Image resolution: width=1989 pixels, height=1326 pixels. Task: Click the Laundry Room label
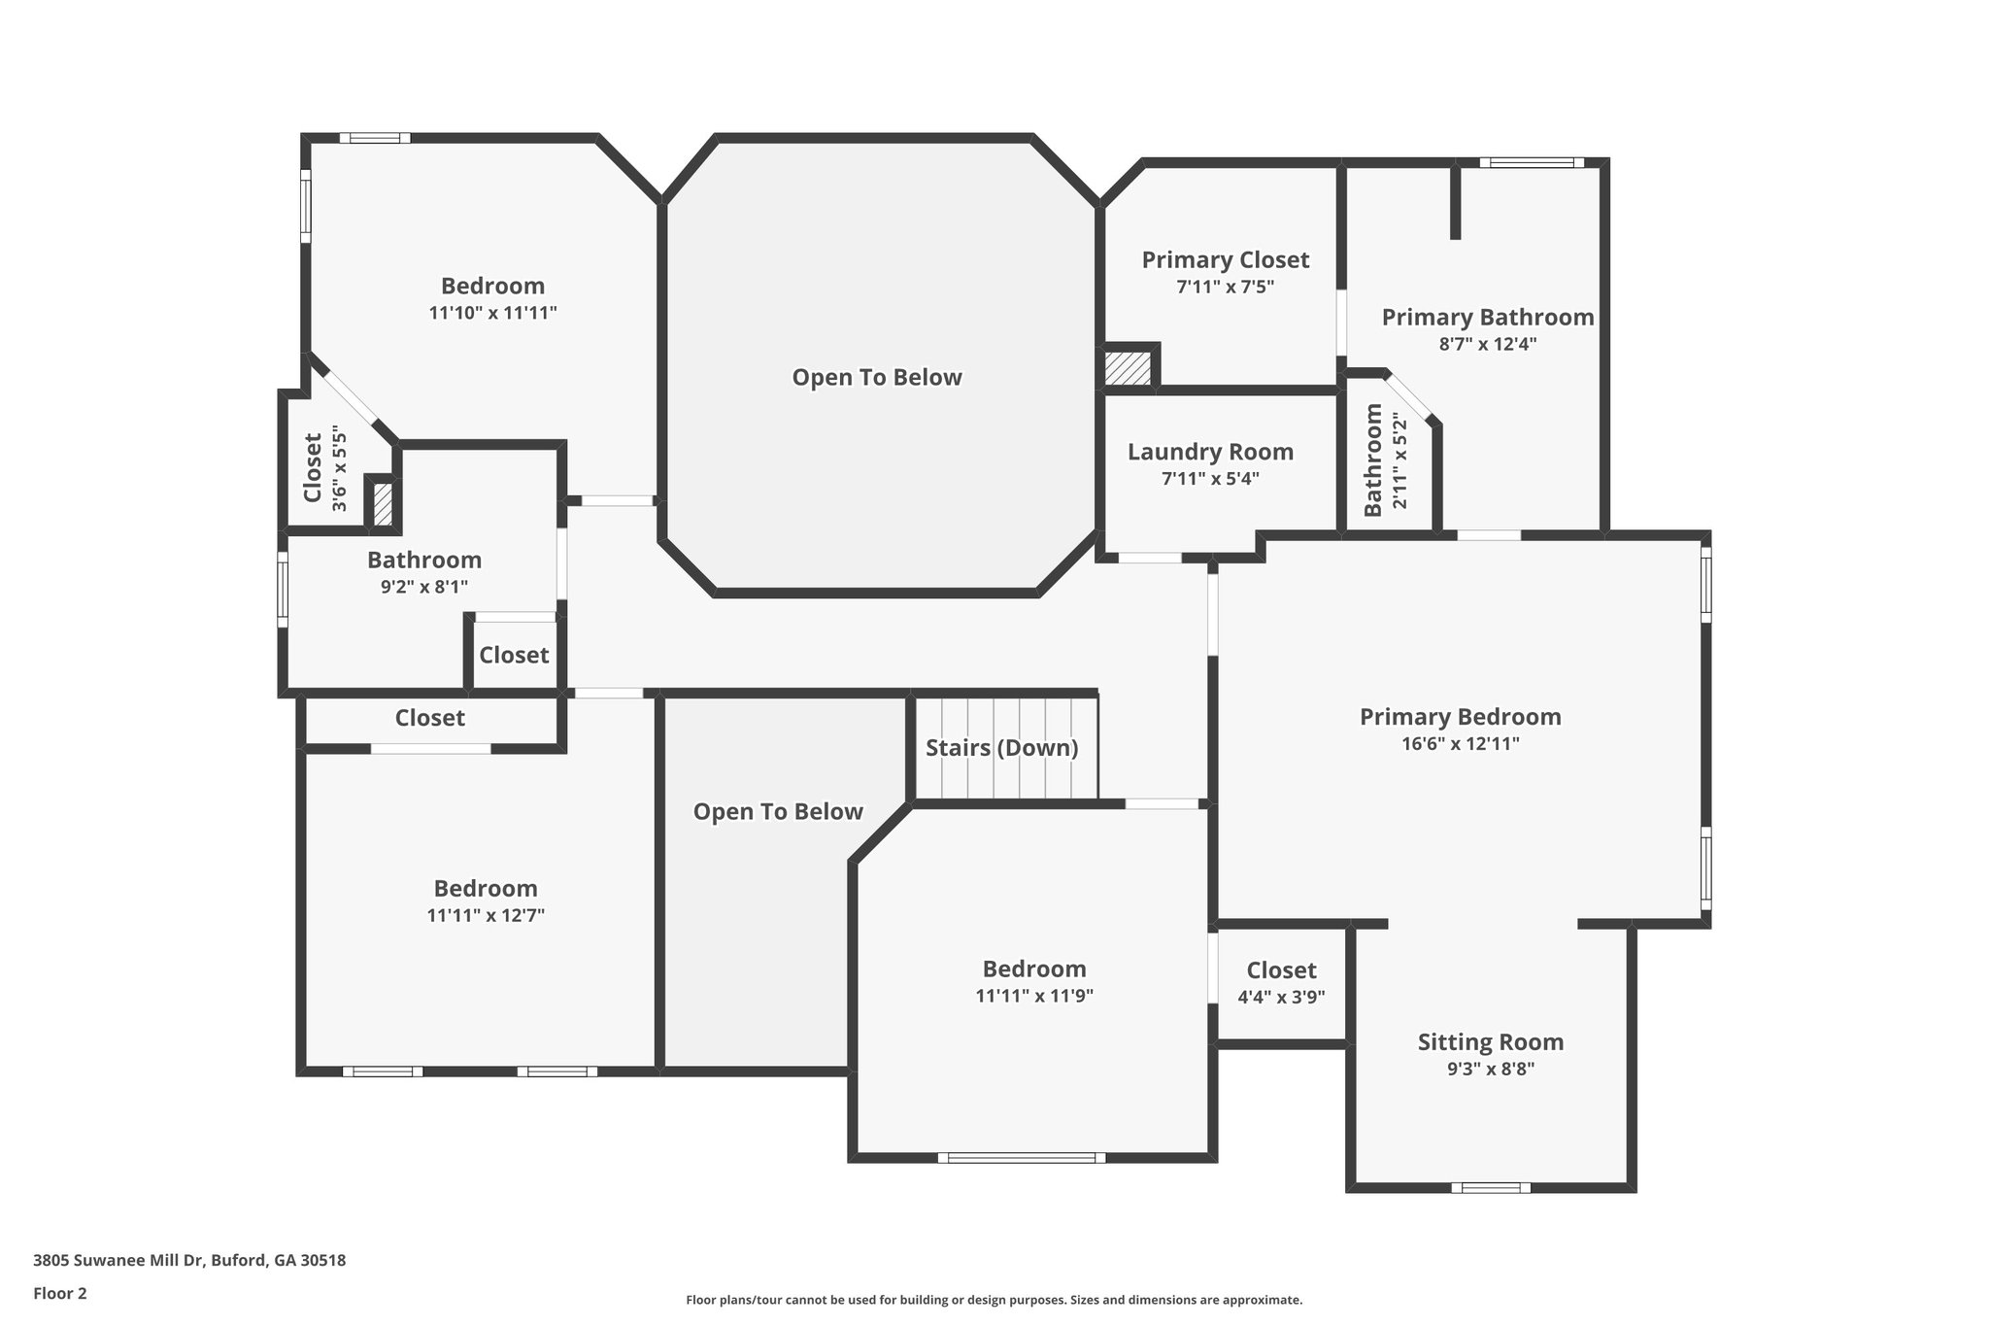click(1210, 452)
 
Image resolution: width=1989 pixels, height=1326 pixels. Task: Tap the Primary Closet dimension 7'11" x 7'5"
click(1225, 287)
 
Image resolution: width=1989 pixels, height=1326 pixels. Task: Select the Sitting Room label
click(1491, 1042)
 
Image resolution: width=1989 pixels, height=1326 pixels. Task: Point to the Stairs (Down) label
click(1001, 748)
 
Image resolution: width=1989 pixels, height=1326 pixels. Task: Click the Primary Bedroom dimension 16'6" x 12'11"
click(1460, 744)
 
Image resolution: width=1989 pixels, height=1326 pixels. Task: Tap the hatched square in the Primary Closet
click(1129, 368)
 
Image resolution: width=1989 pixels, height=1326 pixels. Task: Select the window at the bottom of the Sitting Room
click(1491, 1187)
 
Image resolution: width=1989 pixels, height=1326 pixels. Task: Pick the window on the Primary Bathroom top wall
click(1532, 162)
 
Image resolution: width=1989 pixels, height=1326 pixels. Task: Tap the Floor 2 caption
click(60, 1293)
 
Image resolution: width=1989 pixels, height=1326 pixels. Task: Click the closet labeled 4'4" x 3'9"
click(1282, 983)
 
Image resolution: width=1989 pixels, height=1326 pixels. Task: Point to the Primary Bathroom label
click(1488, 317)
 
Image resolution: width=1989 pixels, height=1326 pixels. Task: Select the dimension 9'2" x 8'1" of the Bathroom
click(424, 587)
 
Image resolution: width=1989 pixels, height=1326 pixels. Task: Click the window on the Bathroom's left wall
click(283, 590)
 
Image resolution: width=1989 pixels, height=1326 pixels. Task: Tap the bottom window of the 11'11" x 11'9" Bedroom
click(1022, 1158)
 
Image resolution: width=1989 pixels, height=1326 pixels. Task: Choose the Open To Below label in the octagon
click(877, 377)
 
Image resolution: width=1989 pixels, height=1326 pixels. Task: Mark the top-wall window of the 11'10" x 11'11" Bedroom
click(375, 138)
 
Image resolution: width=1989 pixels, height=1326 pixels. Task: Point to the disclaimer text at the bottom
click(994, 1300)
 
